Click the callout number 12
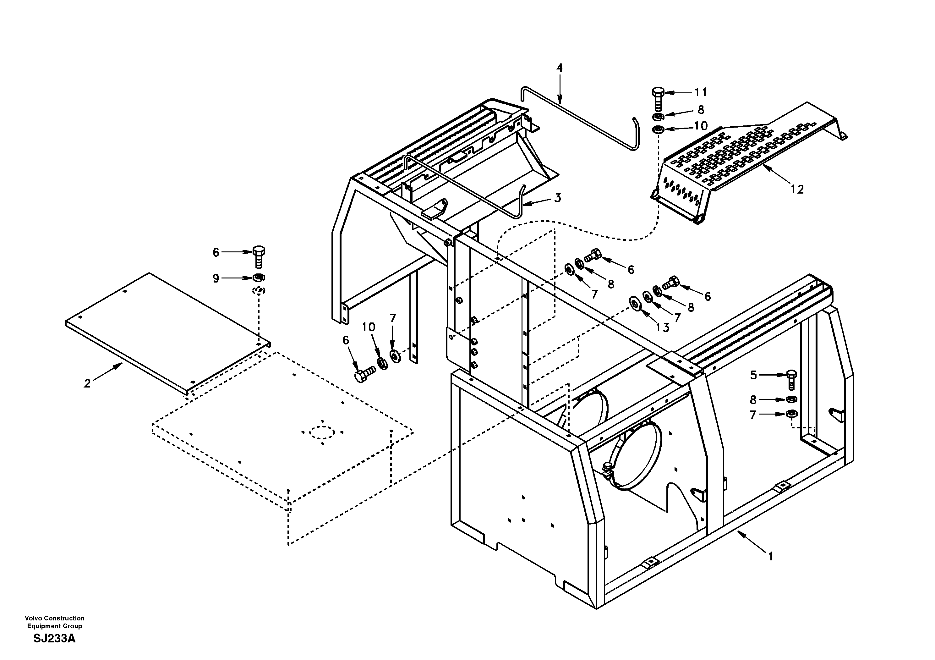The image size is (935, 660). click(797, 190)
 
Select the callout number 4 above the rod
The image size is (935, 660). click(560, 68)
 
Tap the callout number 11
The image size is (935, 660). click(700, 92)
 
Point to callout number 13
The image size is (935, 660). click(663, 327)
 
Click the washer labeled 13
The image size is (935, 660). click(634, 303)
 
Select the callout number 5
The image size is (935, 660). click(753, 375)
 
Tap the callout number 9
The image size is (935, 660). click(216, 278)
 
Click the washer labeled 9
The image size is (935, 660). click(258, 278)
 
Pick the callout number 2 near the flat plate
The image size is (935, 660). click(87, 383)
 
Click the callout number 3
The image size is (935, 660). click(557, 198)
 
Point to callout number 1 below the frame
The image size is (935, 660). click(770, 556)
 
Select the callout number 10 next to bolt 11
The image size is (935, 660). click(701, 126)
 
